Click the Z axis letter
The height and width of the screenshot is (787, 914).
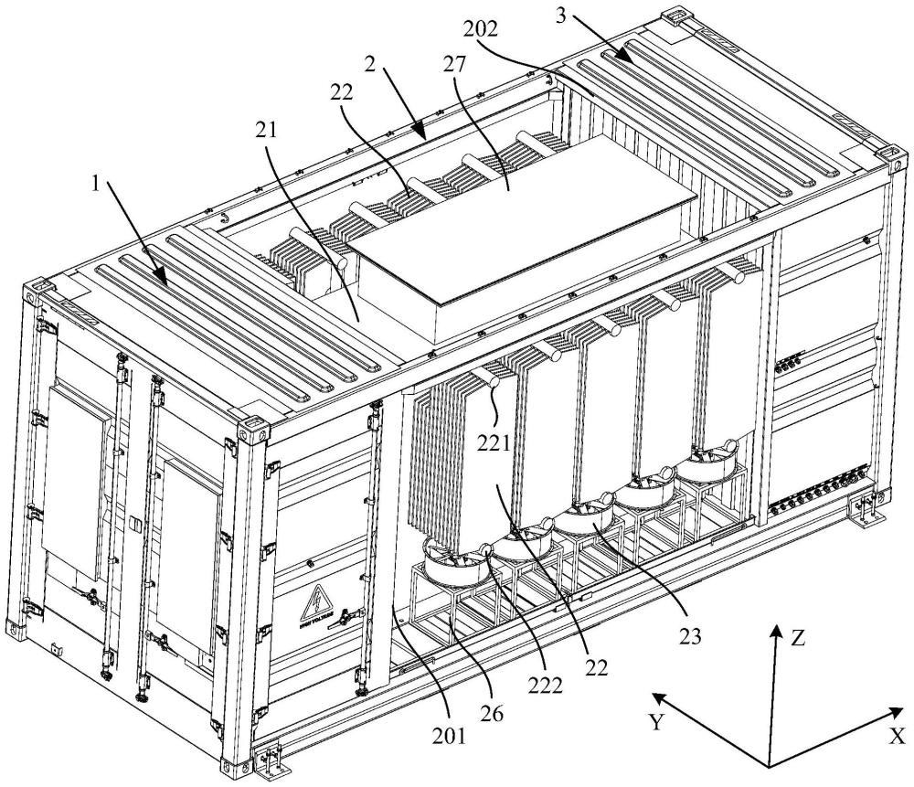tap(798, 638)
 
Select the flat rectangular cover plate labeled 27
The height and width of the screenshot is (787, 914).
tap(512, 219)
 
